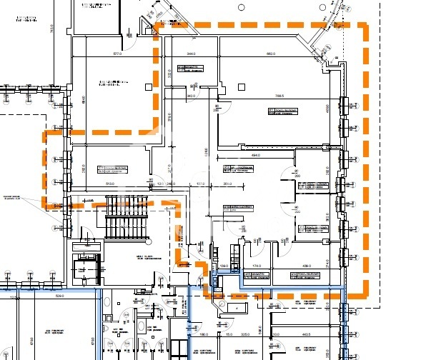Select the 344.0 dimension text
coord(191,54)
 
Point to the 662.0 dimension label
coord(272,54)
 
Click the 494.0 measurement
coord(255,154)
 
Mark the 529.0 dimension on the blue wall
coord(61,295)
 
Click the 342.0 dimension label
coord(191,95)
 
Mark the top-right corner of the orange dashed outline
coord(365,26)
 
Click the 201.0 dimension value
coord(227,184)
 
